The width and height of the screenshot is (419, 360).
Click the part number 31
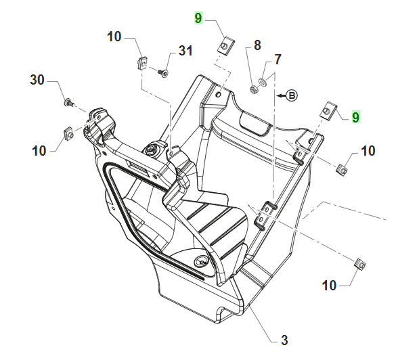[x=186, y=51]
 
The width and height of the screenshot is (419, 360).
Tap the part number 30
[x=37, y=80]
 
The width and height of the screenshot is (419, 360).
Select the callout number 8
[x=257, y=46]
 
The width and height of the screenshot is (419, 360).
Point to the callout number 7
[x=278, y=60]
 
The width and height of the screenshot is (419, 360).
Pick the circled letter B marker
[x=292, y=96]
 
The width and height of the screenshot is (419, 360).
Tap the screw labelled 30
[x=68, y=102]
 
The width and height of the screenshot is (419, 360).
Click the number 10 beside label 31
[x=114, y=37]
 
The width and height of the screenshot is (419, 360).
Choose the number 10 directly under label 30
[x=39, y=150]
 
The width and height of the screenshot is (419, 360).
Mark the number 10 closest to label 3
[x=329, y=286]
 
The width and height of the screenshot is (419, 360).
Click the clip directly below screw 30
[x=68, y=133]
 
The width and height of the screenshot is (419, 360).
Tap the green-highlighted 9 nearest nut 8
[x=198, y=18]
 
